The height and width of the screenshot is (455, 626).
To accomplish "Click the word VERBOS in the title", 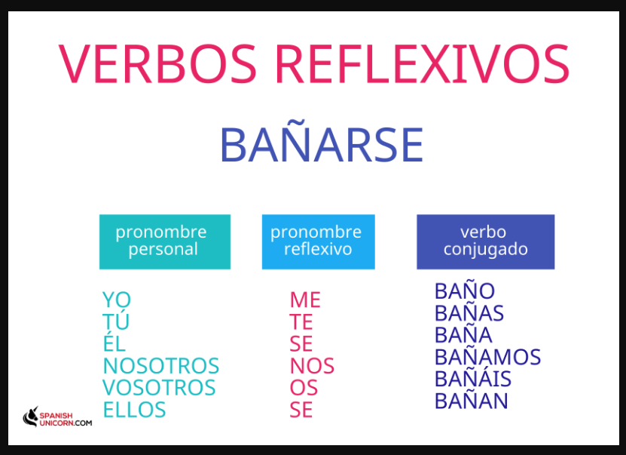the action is pos(157,63).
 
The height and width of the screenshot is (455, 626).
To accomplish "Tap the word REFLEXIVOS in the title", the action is pos(423,63).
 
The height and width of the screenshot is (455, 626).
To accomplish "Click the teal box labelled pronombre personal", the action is pos(165,242).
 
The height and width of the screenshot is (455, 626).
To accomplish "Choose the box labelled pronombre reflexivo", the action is pos(318,242).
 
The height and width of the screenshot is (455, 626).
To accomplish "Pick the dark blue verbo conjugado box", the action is pos(485,242).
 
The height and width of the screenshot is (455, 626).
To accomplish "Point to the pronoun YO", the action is pos(117,300).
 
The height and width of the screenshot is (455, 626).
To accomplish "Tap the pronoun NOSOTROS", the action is pos(161,365).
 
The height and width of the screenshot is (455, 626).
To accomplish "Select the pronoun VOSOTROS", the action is pos(159,387).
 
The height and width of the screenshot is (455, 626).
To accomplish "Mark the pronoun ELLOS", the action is pos(134,410).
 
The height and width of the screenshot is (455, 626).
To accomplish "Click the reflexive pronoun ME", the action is pos(305,300).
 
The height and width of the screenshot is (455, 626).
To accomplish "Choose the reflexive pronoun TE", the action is pos(301,321).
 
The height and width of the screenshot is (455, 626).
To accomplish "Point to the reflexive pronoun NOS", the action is pos(312,365).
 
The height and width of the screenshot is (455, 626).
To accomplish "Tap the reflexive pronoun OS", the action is pos(304,387).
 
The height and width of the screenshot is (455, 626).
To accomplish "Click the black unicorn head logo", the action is pos(30,417).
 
